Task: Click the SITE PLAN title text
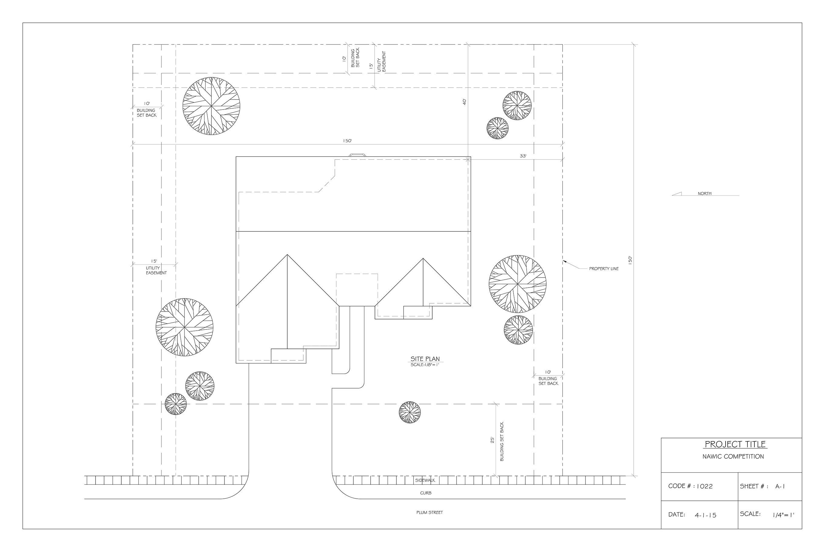(425, 359)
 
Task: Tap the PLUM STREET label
(429, 513)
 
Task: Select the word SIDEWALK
(425, 480)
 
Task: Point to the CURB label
(426, 493)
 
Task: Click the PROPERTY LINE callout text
(604, 269)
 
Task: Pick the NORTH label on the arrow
(704, 194)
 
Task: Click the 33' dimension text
(523, 156)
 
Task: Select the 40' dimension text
(464, 102)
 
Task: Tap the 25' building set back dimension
(492, 440)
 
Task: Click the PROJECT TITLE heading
(735, 444)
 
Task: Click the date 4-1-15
(706, 515)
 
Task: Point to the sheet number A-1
(780, 487)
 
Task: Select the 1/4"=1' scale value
(783, 515)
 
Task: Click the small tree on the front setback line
(410, 412)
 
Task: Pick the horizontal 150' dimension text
(347, 141)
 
